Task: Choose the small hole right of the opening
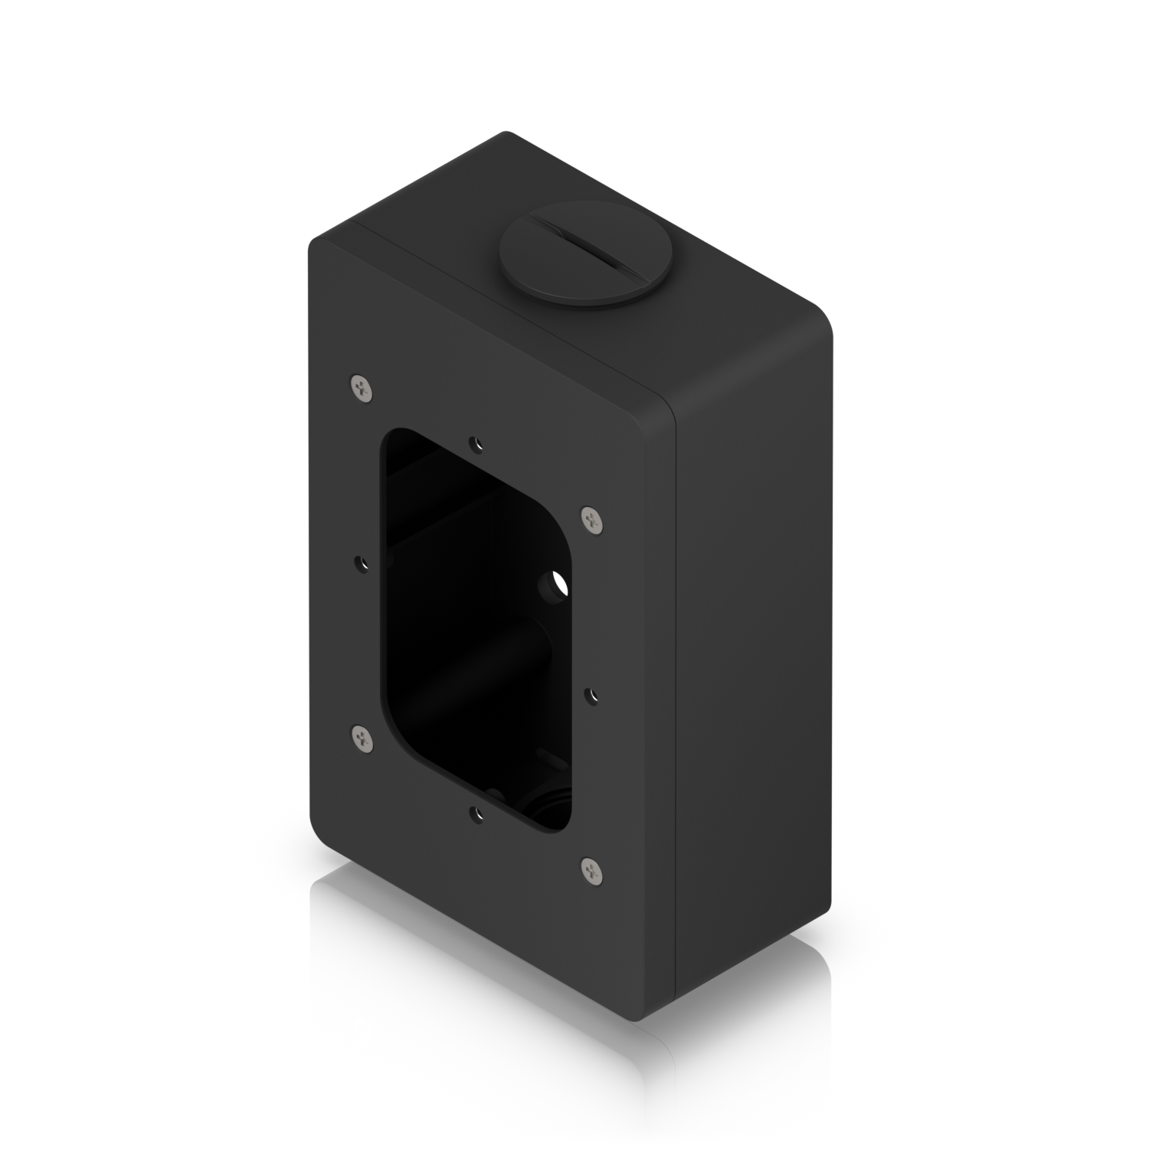pyautogui.click(x=591, y=695)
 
